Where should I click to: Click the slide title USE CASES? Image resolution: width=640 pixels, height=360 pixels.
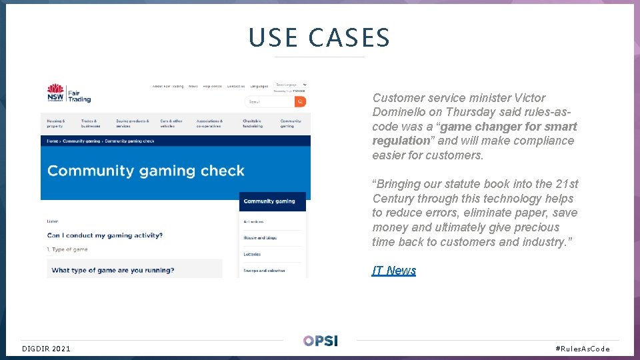(319, 38)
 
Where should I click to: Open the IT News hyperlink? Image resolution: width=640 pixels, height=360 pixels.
(393, 271)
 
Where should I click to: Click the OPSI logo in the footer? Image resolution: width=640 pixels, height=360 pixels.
(320, 341)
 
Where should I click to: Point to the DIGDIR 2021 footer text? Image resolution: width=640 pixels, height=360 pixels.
(46, 349)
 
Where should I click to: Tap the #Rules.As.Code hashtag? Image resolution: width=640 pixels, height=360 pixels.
(582, 349)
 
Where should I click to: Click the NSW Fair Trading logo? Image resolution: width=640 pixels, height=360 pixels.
(69, 93)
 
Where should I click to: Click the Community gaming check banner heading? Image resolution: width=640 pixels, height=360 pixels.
(146, 171)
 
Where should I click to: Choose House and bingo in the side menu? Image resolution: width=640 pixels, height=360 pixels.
(259, 238)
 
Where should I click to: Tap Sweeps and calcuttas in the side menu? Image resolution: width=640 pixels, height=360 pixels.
(263, 271)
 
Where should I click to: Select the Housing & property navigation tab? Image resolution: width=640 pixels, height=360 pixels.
(56, 123)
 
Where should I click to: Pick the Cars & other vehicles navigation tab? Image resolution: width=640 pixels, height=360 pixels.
(171, 123)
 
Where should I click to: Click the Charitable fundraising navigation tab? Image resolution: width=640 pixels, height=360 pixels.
(252, 123)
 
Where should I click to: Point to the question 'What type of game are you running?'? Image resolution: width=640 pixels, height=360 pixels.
(113, 270)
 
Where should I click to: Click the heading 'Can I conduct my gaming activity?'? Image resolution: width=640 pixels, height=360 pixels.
(105, 235)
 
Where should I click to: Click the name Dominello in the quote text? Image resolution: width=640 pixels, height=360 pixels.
(404, 112)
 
